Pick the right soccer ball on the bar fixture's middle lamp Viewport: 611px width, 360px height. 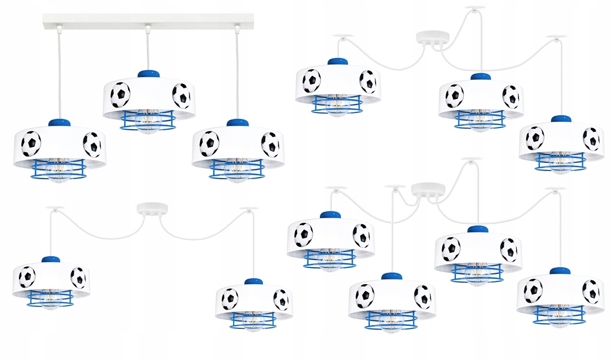pos(181,95)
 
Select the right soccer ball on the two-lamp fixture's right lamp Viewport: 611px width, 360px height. pos(281,299)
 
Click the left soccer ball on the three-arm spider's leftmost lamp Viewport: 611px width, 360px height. pos(311,81)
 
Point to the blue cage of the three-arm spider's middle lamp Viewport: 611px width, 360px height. pos(479,119)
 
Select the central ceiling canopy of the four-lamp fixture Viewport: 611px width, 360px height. pos(428,189)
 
